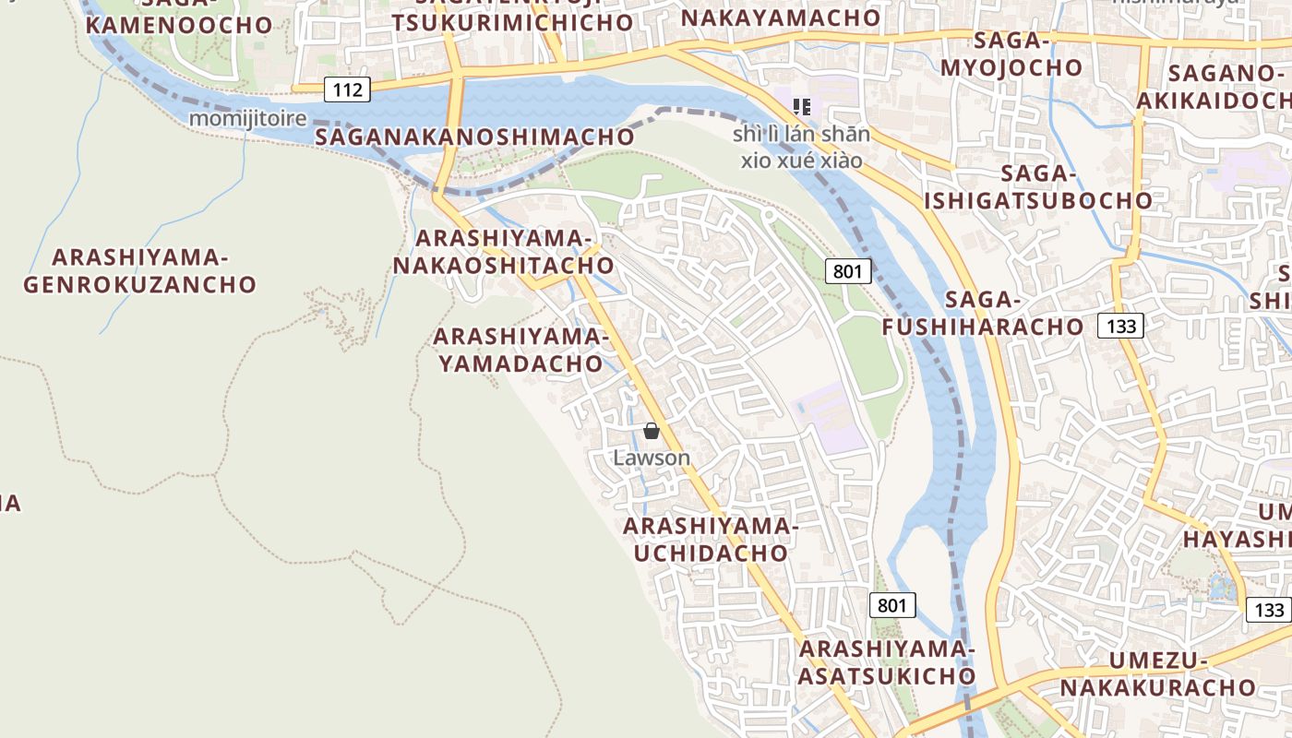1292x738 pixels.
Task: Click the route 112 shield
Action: [347, 89]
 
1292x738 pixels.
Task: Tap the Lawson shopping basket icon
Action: [652, 431]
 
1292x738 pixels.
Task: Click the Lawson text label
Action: [652, 458]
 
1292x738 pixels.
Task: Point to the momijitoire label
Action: [247, 118]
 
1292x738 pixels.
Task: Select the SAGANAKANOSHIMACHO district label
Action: [475, 137]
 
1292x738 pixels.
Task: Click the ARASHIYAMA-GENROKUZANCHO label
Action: [138, 271]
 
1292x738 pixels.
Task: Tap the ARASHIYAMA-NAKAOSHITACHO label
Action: [503, 252]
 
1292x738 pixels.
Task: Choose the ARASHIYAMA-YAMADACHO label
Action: [520, 351]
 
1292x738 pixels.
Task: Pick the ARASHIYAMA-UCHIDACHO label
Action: [710, 540]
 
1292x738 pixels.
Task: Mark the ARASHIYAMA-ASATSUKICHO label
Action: [887, 662]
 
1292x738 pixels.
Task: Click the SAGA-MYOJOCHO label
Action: [1011, 54]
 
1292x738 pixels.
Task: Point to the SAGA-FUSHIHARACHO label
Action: [983, 314]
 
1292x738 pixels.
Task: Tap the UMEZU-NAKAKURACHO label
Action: [1158, 674]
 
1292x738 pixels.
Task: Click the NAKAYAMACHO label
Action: [781, 18]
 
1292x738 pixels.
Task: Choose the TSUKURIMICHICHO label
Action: [513, 22]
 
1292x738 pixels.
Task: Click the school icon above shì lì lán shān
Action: [802, 107]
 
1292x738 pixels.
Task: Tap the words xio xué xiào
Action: [802, 161]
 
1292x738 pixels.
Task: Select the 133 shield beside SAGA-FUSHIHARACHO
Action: [1120, 325]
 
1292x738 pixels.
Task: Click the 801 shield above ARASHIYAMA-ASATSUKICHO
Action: [892, 605]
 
